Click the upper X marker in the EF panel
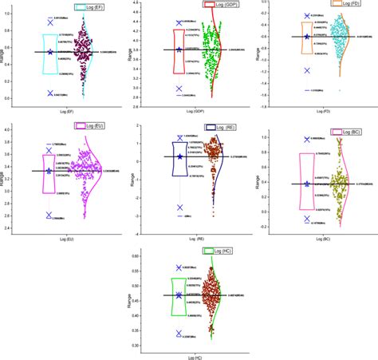[x=50, y=22]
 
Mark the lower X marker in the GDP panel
[x=179, y=89]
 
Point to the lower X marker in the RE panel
[x=179, y=208]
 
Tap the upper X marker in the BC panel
[x=306, y=140]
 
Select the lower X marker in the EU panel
[x=50, y=216]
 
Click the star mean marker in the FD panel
[x=306, y=37]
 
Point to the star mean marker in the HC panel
[x=179, y=295]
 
